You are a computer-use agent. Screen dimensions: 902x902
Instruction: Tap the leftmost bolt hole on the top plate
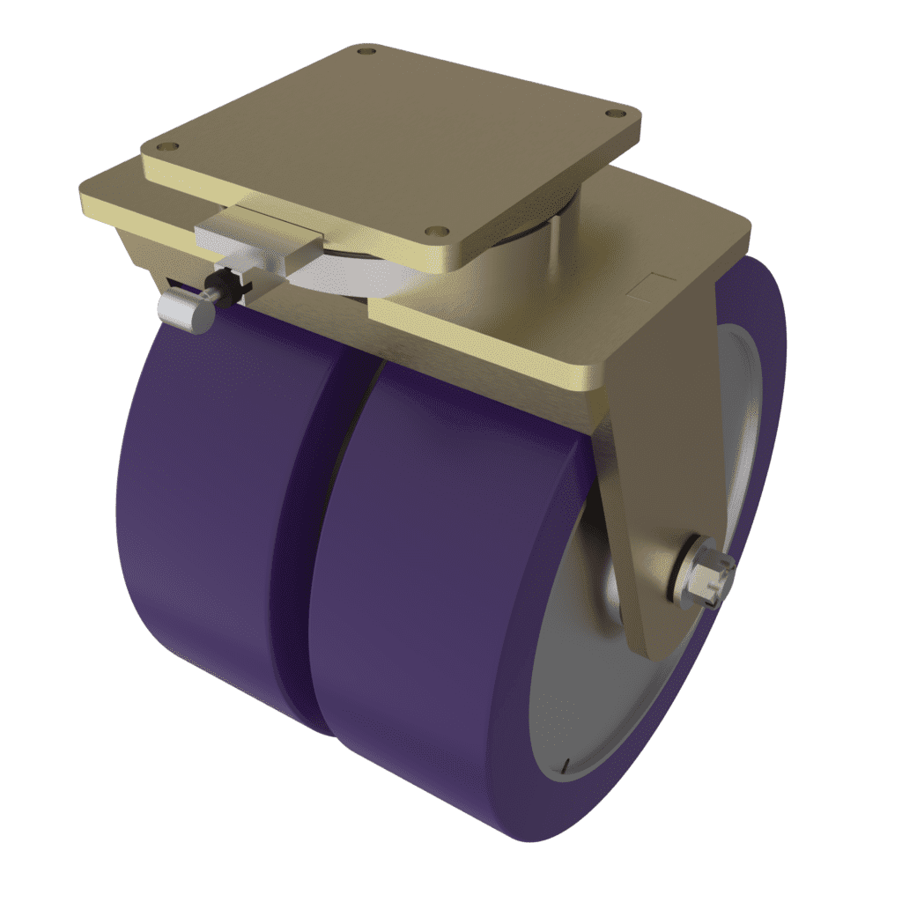pos(172,147)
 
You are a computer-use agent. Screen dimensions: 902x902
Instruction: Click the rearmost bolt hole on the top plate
pos(365,54)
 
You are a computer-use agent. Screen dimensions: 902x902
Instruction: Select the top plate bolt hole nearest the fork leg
pos(613,113)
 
